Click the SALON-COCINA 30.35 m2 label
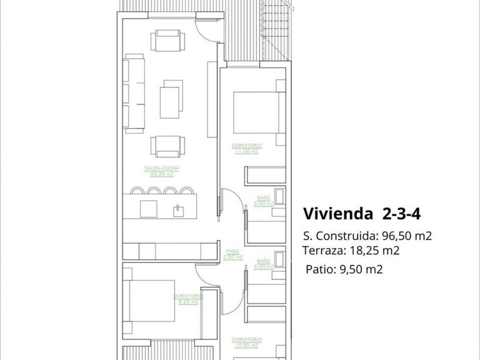tap(161, 171)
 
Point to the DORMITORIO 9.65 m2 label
tap(187, 298)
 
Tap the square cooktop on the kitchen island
tap(148, 207)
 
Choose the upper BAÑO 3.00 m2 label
tap(263, 200)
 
